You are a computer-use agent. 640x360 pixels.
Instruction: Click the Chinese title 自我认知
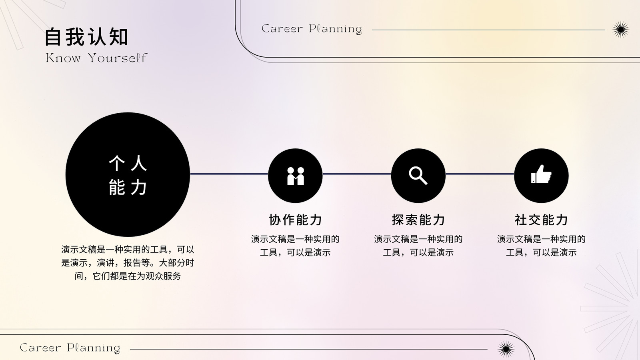[86, 37]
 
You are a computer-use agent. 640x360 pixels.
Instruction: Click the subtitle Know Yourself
[96, 58]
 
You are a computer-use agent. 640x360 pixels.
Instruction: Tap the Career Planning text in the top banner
[312, 29]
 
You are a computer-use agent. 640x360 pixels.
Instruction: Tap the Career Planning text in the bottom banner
[70, 348]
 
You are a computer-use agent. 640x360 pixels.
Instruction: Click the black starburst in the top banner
[620, 30]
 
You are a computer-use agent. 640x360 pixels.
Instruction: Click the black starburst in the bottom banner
[506, 349]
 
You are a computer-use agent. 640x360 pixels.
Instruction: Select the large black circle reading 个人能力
[128, 174]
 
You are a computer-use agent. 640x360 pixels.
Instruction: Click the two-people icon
[296, 176]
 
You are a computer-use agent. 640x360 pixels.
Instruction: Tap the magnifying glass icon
[418, 176]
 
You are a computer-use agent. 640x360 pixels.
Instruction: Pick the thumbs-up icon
[541, 174]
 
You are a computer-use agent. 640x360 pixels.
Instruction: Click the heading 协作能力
[296, 220]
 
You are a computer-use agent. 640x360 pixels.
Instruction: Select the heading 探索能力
[418, 220]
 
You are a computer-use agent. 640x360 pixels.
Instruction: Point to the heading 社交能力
[541, 220]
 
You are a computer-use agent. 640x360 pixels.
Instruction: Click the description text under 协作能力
[296, 246]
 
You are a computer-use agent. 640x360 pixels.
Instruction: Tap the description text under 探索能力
[418, 246]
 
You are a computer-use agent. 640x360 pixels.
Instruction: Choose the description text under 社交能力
[541, 246]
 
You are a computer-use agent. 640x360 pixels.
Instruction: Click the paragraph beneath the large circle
[128, 263]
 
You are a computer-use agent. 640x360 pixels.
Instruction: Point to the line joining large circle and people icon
[229, 174]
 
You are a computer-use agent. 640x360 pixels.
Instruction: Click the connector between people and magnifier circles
[357, 174]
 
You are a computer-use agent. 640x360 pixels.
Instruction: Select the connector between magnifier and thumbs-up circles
[480, 174]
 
